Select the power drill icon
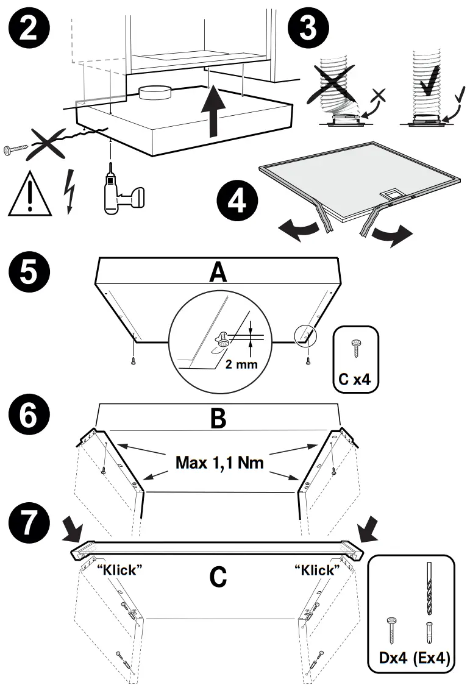pyautogui.click(x=121, y=192)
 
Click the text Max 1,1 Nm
pyautogui.click(x=219, y=462)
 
